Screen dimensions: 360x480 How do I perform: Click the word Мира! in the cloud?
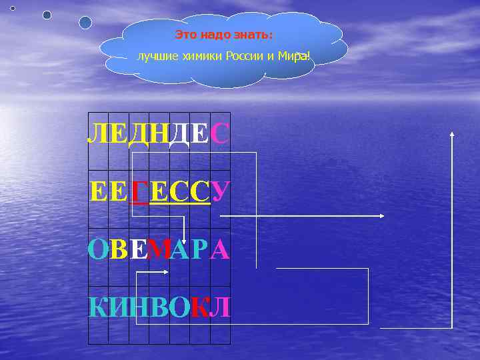294,56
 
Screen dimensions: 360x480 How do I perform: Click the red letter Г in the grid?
139,193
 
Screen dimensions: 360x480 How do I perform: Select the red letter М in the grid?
159,250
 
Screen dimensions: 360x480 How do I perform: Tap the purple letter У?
221,193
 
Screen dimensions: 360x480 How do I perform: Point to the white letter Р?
200,250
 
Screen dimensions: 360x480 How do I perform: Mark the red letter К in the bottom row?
199,307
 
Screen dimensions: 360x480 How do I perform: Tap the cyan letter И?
118,307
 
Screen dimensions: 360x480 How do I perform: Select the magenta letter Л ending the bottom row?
221,307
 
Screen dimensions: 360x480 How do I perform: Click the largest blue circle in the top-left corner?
85,23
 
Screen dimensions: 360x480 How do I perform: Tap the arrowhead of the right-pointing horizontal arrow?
381,216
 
